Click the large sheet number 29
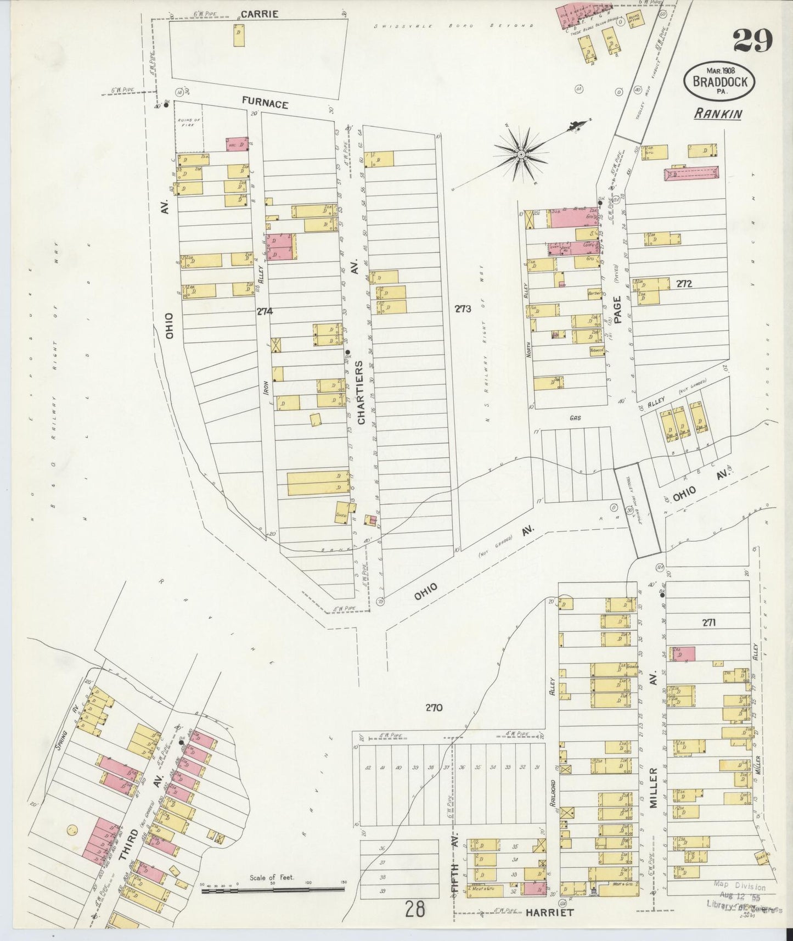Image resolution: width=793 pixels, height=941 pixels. tap(752, 40)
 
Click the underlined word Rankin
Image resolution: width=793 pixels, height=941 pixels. tap(718, 114)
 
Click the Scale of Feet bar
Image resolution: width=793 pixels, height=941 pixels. tap(271, 889)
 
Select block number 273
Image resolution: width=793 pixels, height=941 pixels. tap(462, 309)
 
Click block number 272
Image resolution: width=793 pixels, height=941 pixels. tap(684, 284)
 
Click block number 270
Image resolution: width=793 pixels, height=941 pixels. tap(433, 708)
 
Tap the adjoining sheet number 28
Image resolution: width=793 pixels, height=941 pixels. tap(415, 910)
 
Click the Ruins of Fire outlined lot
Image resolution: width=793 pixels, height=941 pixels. tap(189, 127)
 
